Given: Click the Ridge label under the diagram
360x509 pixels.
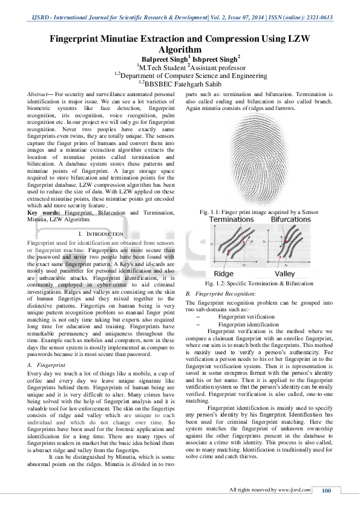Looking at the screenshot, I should coord(220,274).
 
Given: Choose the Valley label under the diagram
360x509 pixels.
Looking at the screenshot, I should coord(286,274).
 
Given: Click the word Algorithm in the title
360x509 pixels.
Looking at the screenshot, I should coord(179,49).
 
